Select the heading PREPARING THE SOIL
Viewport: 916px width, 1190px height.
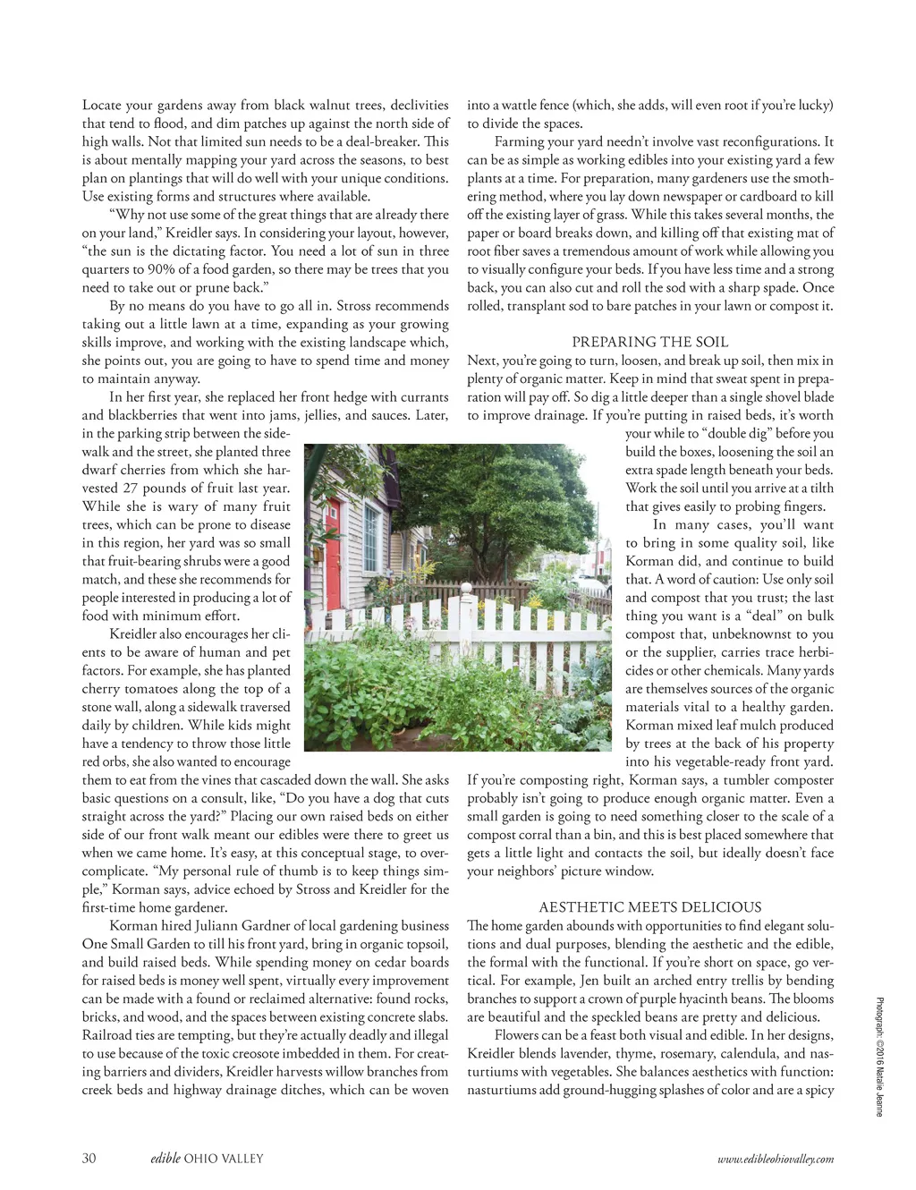pos(650,342)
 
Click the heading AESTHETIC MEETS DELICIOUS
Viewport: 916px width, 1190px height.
pos(650,907)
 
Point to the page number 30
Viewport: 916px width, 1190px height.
pos(89,1159)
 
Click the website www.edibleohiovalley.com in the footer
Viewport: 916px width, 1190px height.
pos(776,1160)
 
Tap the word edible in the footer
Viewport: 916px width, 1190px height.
pos(165,1159)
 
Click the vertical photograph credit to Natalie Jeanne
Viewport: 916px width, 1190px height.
pos(880,1057)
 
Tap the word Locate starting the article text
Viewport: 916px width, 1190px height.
pos(101,106)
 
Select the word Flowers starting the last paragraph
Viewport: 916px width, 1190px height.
pos(517,1035)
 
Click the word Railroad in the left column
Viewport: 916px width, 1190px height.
pos(108,1035)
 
